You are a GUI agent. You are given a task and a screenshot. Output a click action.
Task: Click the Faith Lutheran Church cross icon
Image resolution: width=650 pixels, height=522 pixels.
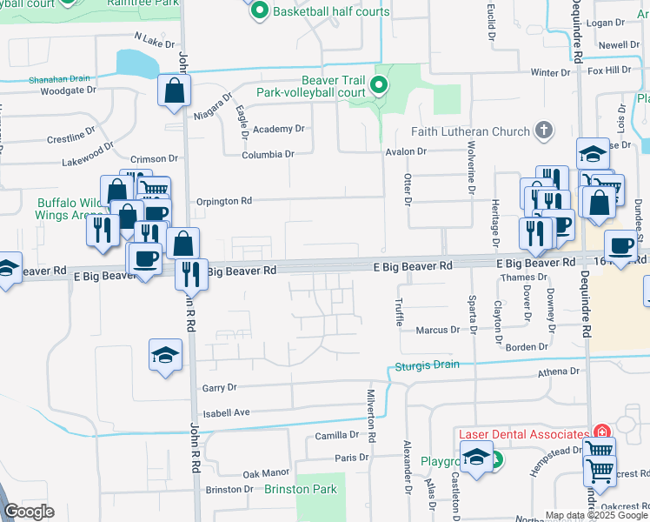click(544, 130)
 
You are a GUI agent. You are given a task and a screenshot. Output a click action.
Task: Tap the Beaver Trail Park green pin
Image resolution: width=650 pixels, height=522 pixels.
click(378, 85)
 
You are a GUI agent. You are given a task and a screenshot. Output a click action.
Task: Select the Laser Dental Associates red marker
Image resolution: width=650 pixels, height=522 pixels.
click(600, 433)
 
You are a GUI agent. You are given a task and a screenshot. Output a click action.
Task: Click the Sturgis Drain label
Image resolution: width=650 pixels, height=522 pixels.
click(428, 365)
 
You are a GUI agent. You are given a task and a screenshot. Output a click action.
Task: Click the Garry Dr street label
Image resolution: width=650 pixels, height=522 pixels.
click(219, 388)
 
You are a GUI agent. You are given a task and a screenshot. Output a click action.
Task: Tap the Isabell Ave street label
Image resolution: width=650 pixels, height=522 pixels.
click(226, 412)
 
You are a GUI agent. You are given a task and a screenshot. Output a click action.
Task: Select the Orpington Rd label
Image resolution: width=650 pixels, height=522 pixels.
click(225, 200)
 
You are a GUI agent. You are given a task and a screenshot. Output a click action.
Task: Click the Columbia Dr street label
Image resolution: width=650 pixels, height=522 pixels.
click(268, 154)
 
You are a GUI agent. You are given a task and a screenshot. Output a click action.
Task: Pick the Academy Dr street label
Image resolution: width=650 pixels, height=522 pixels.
click(278, 129)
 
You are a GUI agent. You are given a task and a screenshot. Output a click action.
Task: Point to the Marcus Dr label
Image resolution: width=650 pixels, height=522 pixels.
click(437, 330)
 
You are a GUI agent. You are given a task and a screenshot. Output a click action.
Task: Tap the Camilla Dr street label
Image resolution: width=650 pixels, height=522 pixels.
click(337, 434)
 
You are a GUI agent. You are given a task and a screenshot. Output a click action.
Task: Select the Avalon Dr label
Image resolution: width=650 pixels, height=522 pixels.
click(406, 151)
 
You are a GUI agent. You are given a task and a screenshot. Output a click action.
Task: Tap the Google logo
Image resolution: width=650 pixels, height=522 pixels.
click(29, 511)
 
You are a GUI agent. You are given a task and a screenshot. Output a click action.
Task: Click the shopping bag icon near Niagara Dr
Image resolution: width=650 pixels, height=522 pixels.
click(175, 90)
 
